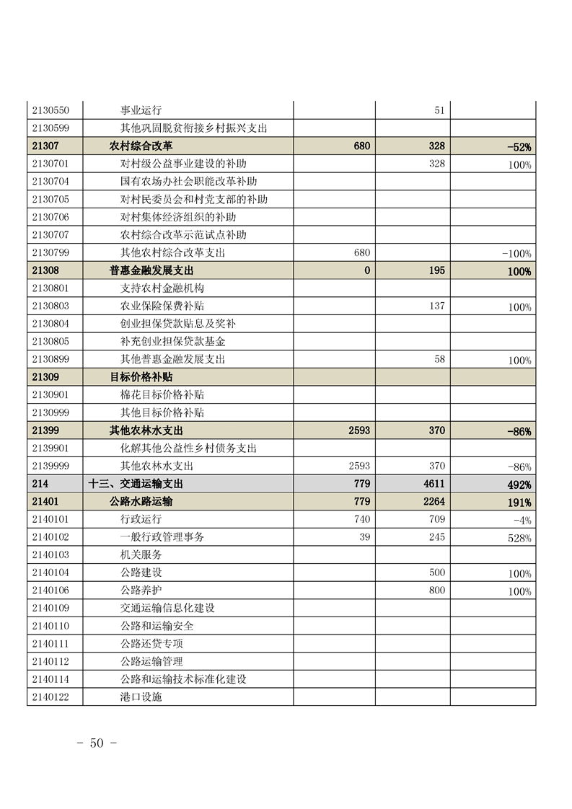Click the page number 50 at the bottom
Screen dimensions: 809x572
(97, 743)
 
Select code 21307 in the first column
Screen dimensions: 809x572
(45, 146)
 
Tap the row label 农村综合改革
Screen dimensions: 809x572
(141, 146)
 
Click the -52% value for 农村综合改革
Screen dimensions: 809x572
(519, 146)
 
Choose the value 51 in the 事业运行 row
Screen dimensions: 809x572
(439, 110)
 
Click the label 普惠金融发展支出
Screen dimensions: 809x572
(151, 270)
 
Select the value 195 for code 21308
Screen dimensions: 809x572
(436, 270)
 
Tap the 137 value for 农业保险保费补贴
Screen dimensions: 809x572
(436, 306)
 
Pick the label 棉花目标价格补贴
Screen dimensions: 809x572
(162, 394)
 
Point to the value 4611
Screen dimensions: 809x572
(434, 484)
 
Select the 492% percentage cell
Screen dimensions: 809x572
(519, 485)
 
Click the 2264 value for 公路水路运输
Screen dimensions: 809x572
(434, 502)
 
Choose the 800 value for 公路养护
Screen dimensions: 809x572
(436, 591)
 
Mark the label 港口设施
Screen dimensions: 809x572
(141, 697)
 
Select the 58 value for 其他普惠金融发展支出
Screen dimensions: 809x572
(439, 359)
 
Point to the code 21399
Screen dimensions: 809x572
(45, 430)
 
